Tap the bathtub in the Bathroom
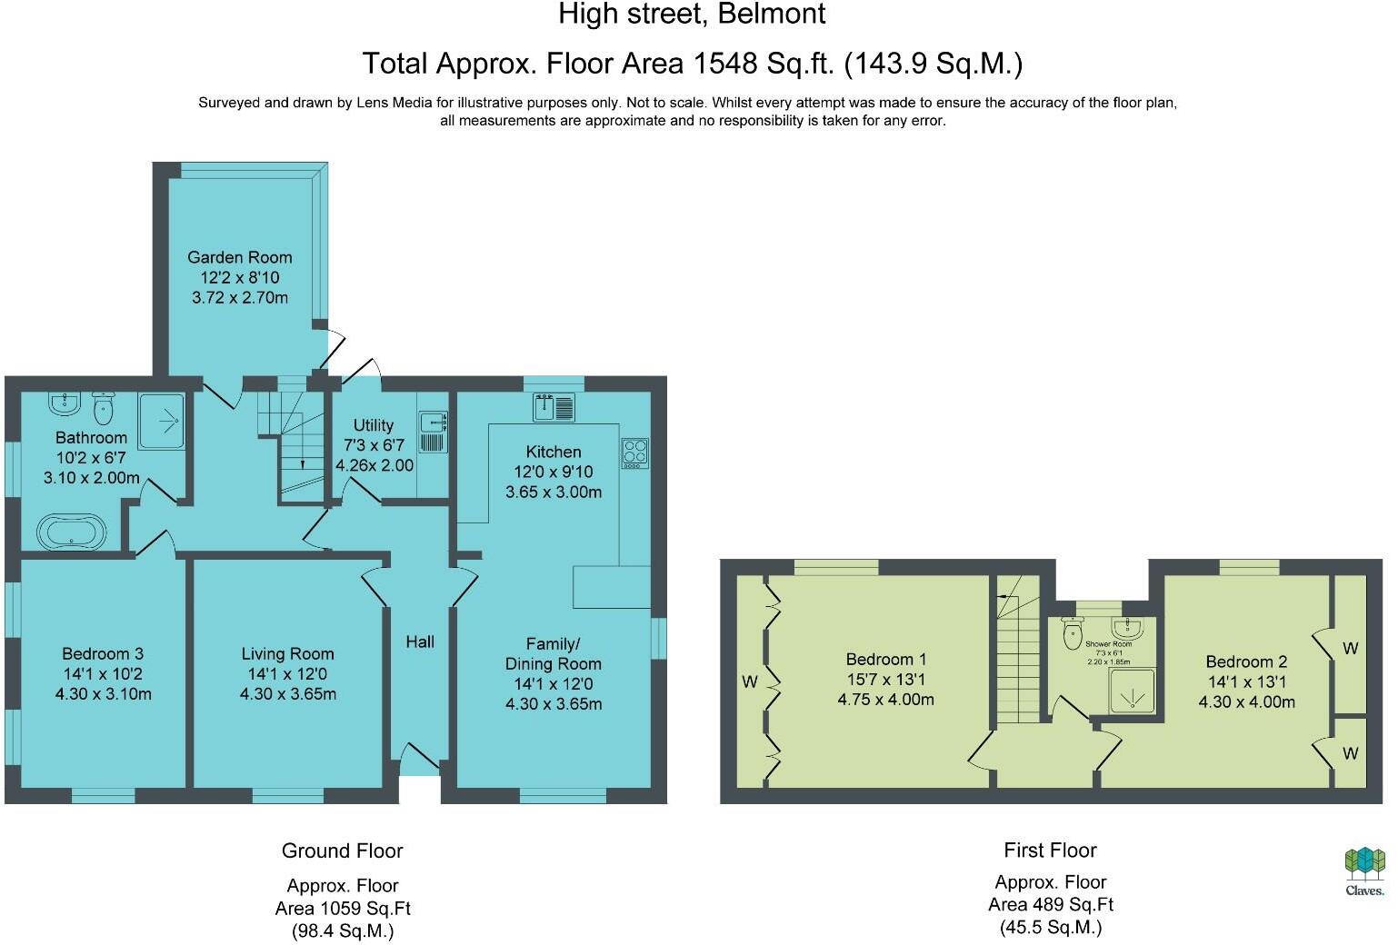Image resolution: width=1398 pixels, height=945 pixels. point(72,532)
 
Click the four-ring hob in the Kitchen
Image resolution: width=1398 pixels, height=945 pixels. point(634,453)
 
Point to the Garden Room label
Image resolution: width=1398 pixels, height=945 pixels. point(240,257)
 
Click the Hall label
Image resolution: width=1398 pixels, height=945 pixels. point(420,642)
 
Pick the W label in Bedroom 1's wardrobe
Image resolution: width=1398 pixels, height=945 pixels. point(749,681)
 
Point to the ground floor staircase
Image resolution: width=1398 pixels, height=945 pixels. point(293,441)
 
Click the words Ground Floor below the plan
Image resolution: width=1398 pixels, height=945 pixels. point(342,850)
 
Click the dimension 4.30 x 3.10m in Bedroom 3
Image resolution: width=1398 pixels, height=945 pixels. point(103,694)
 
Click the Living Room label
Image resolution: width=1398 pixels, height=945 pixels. point(287,653)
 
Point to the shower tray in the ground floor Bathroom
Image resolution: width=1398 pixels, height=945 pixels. point(162,421)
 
